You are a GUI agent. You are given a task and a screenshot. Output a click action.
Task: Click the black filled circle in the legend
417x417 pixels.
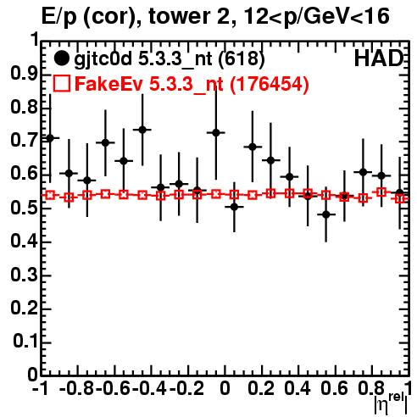(x=61, y=58)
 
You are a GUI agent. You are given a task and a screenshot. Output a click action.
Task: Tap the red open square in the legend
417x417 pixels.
(x=61, y=83)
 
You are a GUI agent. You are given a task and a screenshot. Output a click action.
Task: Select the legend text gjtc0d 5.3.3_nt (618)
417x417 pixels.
(x=170, y=59)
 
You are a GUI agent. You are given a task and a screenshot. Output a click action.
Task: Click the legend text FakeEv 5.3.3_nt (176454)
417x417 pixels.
(x=192, y=83)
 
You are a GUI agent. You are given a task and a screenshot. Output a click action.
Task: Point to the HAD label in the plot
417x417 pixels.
(x=379, y=58)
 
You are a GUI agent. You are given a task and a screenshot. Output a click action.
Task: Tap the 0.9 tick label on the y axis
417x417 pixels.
(x=24, y=74)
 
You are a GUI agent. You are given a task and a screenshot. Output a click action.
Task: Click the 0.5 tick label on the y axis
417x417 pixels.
(x=24, y=208)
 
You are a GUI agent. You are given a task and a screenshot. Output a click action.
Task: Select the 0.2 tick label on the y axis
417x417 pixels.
(x=24, y=309)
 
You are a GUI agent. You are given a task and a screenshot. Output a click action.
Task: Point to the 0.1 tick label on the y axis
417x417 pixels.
(x=25, y=342)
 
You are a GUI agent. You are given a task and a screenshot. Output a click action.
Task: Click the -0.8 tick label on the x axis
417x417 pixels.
(x=77, y=389)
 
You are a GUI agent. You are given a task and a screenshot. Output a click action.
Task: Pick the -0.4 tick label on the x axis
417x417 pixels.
(x=149, y=389)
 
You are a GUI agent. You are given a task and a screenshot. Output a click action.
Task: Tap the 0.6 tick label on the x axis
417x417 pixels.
(x=334, y=389)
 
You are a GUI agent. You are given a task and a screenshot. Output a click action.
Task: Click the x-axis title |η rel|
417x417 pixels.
(x=392, y=403)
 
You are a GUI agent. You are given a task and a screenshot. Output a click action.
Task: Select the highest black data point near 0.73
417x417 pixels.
(x=142, y=130)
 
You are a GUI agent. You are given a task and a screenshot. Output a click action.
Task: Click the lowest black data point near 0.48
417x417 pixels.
(x=325, y=214)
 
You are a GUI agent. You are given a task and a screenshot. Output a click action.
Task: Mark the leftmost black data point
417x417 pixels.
(x=50, y=138)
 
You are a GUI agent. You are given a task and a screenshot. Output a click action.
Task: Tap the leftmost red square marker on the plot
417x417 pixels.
(x=50, y=195)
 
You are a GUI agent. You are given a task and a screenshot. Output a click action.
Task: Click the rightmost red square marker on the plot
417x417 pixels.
(x=400, y=198)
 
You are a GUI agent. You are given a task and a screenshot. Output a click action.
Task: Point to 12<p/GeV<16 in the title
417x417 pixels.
(x=316, y=16)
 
